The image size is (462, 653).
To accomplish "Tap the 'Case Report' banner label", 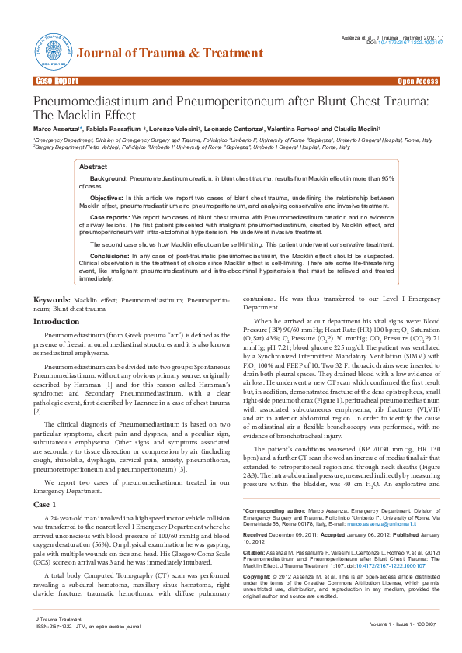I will coord(56,81).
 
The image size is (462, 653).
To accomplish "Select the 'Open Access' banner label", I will coord(418,81).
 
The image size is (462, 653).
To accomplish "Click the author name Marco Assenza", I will coord(54,127).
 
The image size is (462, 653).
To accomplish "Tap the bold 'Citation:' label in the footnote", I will coord(255,552).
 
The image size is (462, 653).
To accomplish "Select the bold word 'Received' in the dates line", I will coord(256,534).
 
